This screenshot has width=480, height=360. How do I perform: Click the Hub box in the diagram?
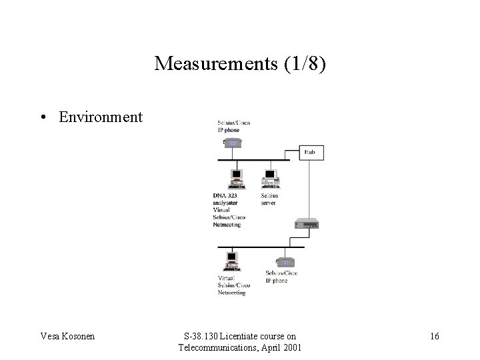pos(310,152)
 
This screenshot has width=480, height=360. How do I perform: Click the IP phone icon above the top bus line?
pos(233,143)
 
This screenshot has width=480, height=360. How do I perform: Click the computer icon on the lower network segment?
pos(231,260)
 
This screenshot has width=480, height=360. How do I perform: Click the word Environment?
pos(101,117)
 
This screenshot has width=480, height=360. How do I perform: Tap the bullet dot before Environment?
pos(42,117)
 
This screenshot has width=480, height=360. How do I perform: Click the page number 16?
pos(434,336)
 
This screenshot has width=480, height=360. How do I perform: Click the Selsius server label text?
pos(269,199)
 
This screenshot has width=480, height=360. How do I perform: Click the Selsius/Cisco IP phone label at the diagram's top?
pos(234,126)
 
